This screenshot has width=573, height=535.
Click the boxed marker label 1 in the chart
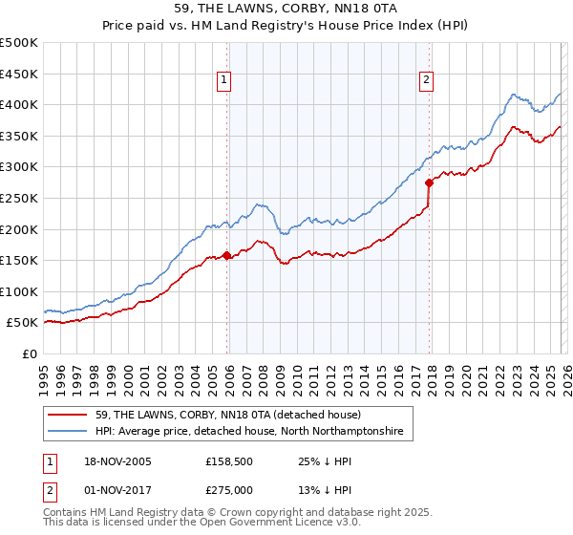coord(223,81)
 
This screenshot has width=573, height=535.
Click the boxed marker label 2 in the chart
coord(426,81)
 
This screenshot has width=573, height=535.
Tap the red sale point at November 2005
coord(226,255)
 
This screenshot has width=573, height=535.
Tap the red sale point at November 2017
coord(429,182)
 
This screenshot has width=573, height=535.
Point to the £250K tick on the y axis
coord(20,198)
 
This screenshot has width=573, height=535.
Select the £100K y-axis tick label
coord(20,291)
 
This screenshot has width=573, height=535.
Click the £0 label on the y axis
coord(31,353)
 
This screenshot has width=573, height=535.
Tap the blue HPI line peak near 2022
coord(514,94)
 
